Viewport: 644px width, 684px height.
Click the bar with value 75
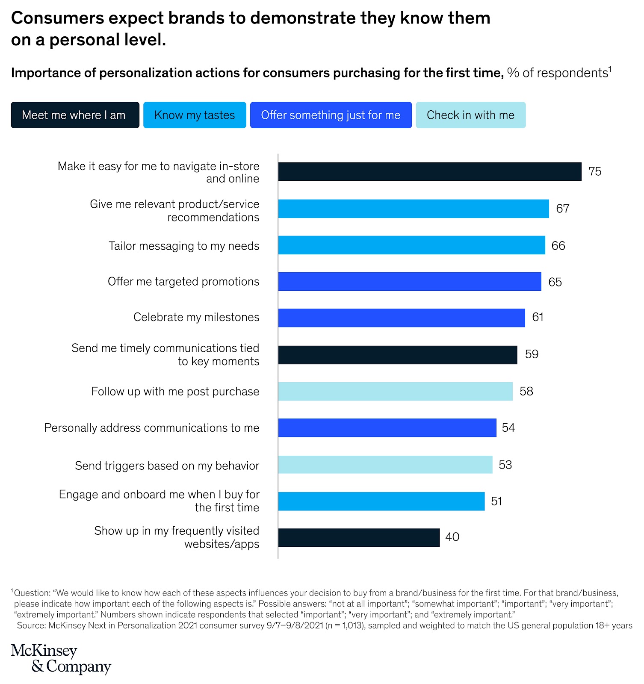pyautogui.click(x=429, y=171)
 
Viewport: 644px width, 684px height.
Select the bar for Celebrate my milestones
pyautogui.click(x=401, y=318)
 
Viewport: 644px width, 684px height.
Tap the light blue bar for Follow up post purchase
pyautogui.click(x=395, y=391)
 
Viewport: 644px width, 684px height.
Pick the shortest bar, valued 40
pyautogui.click(x=358, y=537)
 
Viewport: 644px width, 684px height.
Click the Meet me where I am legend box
pyautogui.click(x=75, y=115)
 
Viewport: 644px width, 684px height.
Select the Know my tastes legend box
pyautogui.click(x=195, y=115)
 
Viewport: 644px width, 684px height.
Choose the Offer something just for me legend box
pyautogui.click(x=331, y=115)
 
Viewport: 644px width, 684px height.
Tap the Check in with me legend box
pyautogui.click(x=470, y=115)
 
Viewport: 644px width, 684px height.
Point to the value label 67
pyautogui.click(x=562, y=209)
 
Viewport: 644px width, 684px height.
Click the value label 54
pyautogui.click(x=508, y=428)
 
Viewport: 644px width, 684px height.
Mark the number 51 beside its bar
pyautogui.click(x=496, y=501)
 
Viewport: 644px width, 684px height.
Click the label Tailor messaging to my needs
pyautogui.click(x=184, y=246)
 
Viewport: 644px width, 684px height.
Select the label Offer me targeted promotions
pyautogui.click(x=183, y=282)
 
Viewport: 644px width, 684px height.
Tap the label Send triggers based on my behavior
pyautogui.click(x=167, y=466)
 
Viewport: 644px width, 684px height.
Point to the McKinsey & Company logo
pyautogui.click(x=61, y=658)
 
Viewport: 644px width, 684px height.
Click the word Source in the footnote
pyautogui.click(x=30, y=626)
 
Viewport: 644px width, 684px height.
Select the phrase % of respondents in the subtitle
pyautogui.click(x=557, y=73)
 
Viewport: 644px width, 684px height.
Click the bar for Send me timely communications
pyautogui.click(x=397, y=355)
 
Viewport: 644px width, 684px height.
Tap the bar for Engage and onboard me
pyautogui.click(x=381, y=501)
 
